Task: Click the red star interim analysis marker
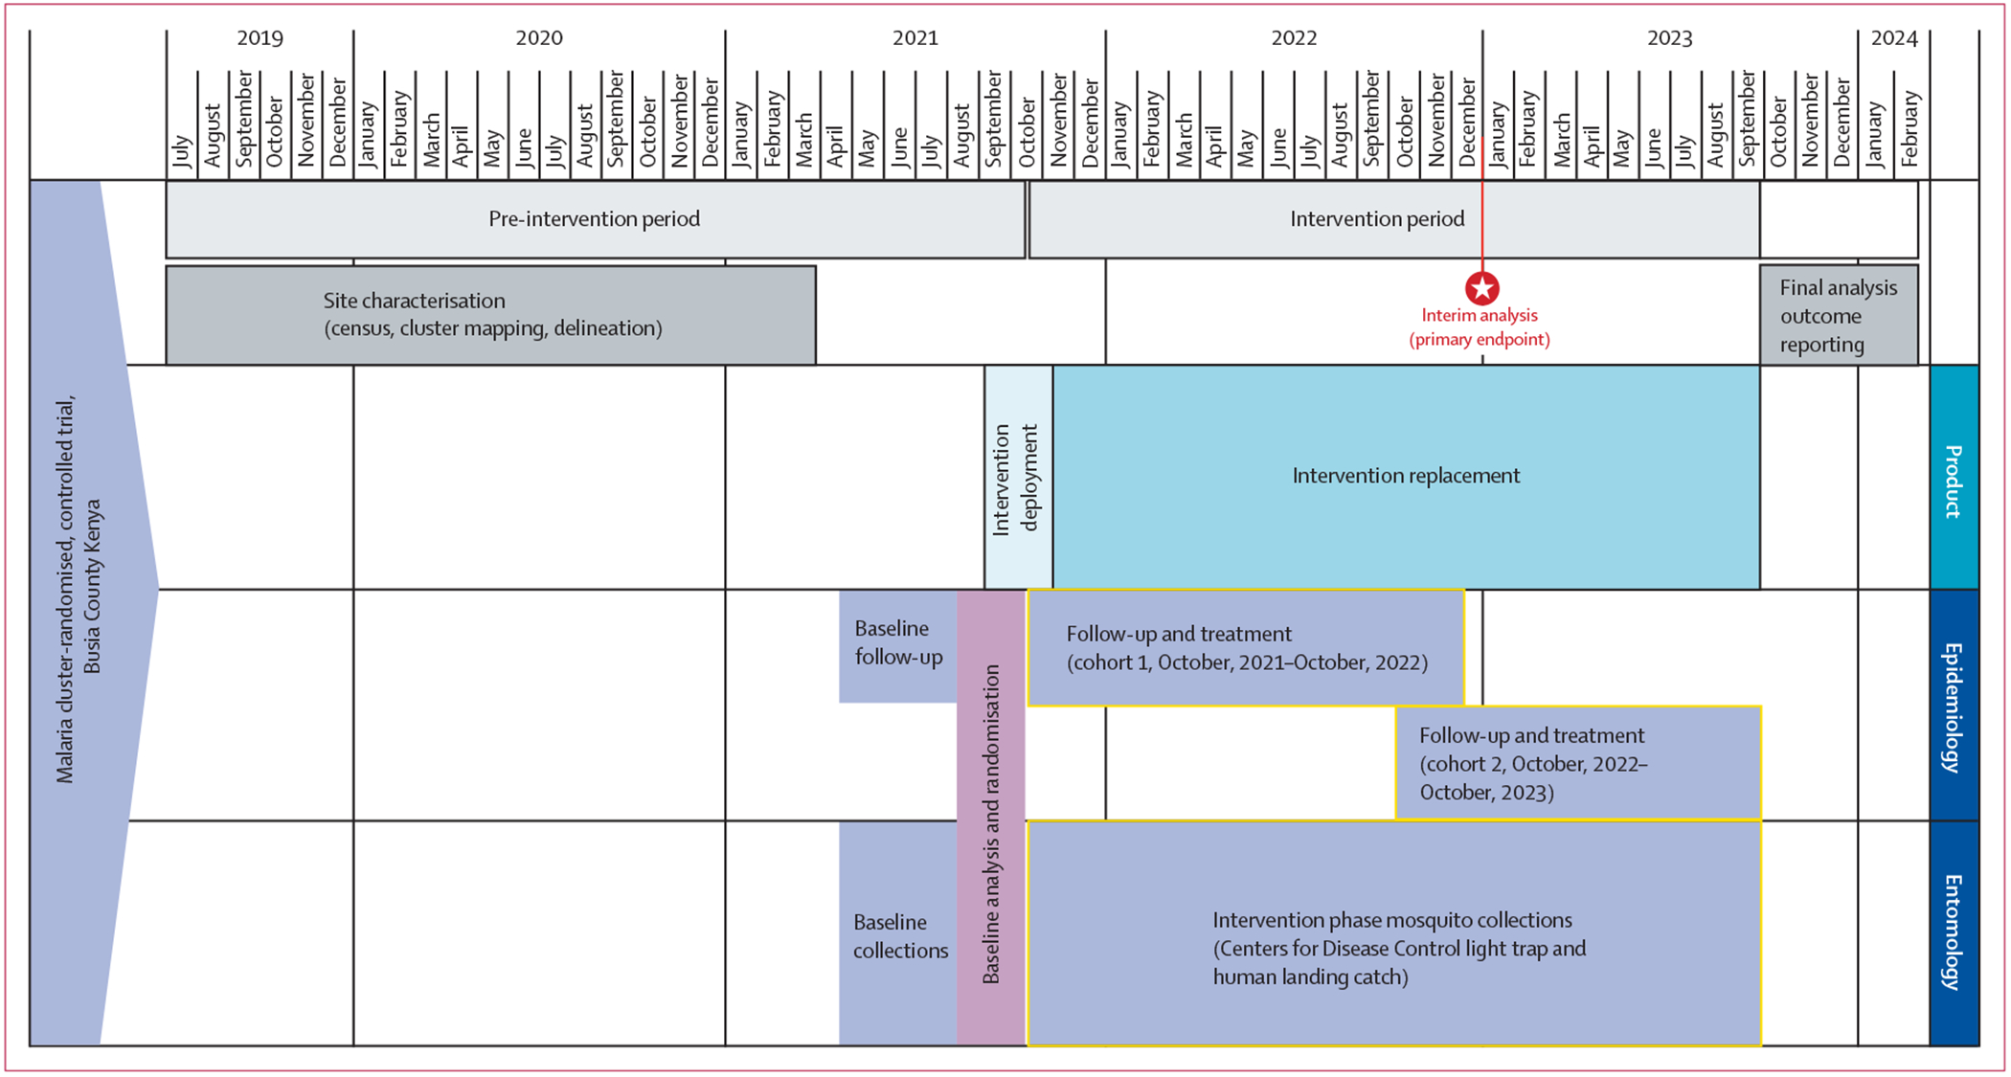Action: tap(1481, 288)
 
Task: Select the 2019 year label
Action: tap(260, 38)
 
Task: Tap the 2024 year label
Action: tap(1893, 38)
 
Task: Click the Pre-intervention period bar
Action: tap(595, 219)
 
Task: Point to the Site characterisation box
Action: tap(490, 315)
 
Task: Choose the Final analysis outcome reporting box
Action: tap(1839, 316)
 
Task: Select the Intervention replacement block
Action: tap(1406, 476)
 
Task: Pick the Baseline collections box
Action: tap(898, 935)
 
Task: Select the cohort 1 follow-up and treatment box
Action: tap(1246, 648)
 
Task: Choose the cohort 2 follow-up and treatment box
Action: tap(1577, 763)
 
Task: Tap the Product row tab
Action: tap(1954, 478)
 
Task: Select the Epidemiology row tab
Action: tap(1954, 706)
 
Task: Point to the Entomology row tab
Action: tap(1954, 932)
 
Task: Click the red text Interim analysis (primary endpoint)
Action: tap(1479, 327)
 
